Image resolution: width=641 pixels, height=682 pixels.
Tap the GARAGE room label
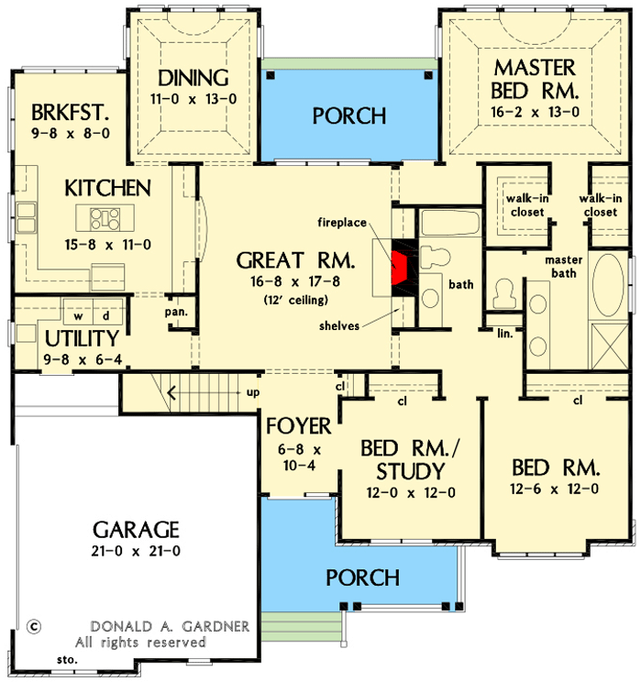[136, 530]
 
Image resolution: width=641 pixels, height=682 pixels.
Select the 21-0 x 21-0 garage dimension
[136, 551]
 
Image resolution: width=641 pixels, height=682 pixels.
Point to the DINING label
[193, 77]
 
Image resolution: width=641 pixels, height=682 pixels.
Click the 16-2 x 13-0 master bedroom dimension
[535, 113]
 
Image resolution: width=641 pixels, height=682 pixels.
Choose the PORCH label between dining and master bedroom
[349, 116]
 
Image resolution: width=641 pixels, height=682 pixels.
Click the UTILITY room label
[82, 338]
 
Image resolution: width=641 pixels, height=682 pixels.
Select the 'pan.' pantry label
[177, 312]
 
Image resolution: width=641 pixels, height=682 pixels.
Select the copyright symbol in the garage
[34, 627]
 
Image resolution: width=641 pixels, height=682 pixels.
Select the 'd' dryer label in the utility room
[105, 314]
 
